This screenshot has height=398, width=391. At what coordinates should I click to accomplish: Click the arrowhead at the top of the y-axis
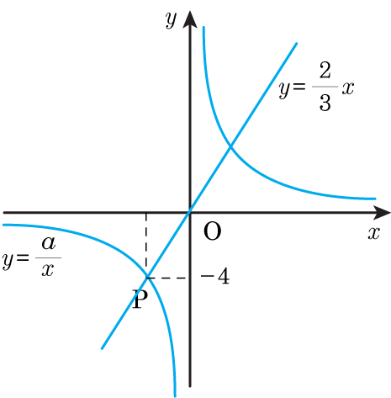(x=190, y=19)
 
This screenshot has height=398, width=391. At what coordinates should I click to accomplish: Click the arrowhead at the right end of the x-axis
(x=382, y=212)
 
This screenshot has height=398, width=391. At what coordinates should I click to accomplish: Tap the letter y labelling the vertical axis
(x=171, y=20)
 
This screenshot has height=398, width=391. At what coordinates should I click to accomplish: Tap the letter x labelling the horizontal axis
(x=374, y=232)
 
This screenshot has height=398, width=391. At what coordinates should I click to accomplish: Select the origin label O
(x=212, y=231)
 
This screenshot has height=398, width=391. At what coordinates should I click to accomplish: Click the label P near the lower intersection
(x=140, y=300)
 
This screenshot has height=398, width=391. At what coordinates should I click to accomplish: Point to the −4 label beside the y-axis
(x=215, y=277)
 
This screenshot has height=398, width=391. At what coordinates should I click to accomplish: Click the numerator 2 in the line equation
(x=325, y=70)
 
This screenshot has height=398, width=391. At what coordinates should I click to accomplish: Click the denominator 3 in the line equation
(x=325, y=103)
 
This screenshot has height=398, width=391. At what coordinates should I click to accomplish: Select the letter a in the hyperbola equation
(x=49, y=243)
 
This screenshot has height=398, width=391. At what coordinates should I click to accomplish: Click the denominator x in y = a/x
(x=48, y=270)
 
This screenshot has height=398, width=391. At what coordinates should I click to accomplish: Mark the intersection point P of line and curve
(x=146, y=278)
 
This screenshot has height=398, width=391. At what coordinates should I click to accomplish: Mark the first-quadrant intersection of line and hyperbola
(x=230, y=146)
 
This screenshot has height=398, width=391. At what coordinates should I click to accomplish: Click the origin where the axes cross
(x=190, y=212)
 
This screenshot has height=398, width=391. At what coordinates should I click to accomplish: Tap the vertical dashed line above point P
(x=146, y=245)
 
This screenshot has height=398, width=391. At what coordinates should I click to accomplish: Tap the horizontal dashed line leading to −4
(x=166, y=278)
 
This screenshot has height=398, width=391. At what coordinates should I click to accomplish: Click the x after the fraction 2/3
(x=347, y=88)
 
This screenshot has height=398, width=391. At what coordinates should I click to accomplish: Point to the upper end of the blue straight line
(x=296, y=44)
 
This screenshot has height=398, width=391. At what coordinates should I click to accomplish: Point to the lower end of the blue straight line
(x=102, y=348)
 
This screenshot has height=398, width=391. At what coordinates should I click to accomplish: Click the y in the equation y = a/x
(x=8, y=261)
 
